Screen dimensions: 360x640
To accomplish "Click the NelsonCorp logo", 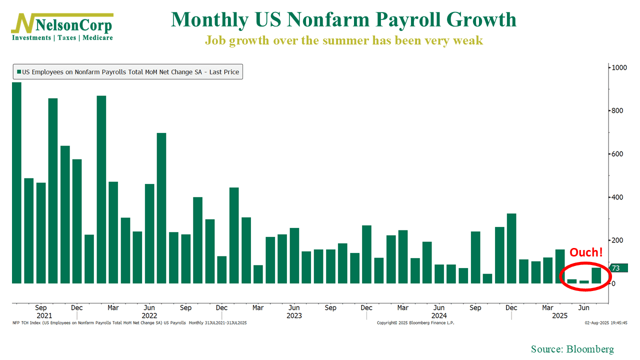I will click(x=62, y=25).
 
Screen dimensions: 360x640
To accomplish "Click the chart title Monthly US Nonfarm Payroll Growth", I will click(x=343, y=20).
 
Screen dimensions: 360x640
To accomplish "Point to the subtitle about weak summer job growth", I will click(x=343, y=40).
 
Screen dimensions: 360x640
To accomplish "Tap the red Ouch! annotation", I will click(x=586, y=252).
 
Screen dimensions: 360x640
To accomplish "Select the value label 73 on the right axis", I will click(x=616, y=268).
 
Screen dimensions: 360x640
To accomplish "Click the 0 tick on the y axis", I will click(x=614, y=283).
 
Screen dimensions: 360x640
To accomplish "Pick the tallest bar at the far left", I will click(x=16, y=182).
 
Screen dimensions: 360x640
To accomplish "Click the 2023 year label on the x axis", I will click(x=294, y=316).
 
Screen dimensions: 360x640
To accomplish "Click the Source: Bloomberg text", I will click(x=572, y=349).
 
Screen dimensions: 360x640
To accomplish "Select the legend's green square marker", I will click(x=19, y=72).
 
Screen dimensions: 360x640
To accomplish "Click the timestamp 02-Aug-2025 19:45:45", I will click(x=606, y=323).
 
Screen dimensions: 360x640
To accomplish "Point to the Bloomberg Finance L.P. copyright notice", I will click(x=415, y=323).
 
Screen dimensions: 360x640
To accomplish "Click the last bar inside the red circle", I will click(x=596, y=275).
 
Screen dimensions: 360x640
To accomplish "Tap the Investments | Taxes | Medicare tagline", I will click(x=62, y=38).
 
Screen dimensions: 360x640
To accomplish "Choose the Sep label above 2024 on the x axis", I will click(x=475, y=308).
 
